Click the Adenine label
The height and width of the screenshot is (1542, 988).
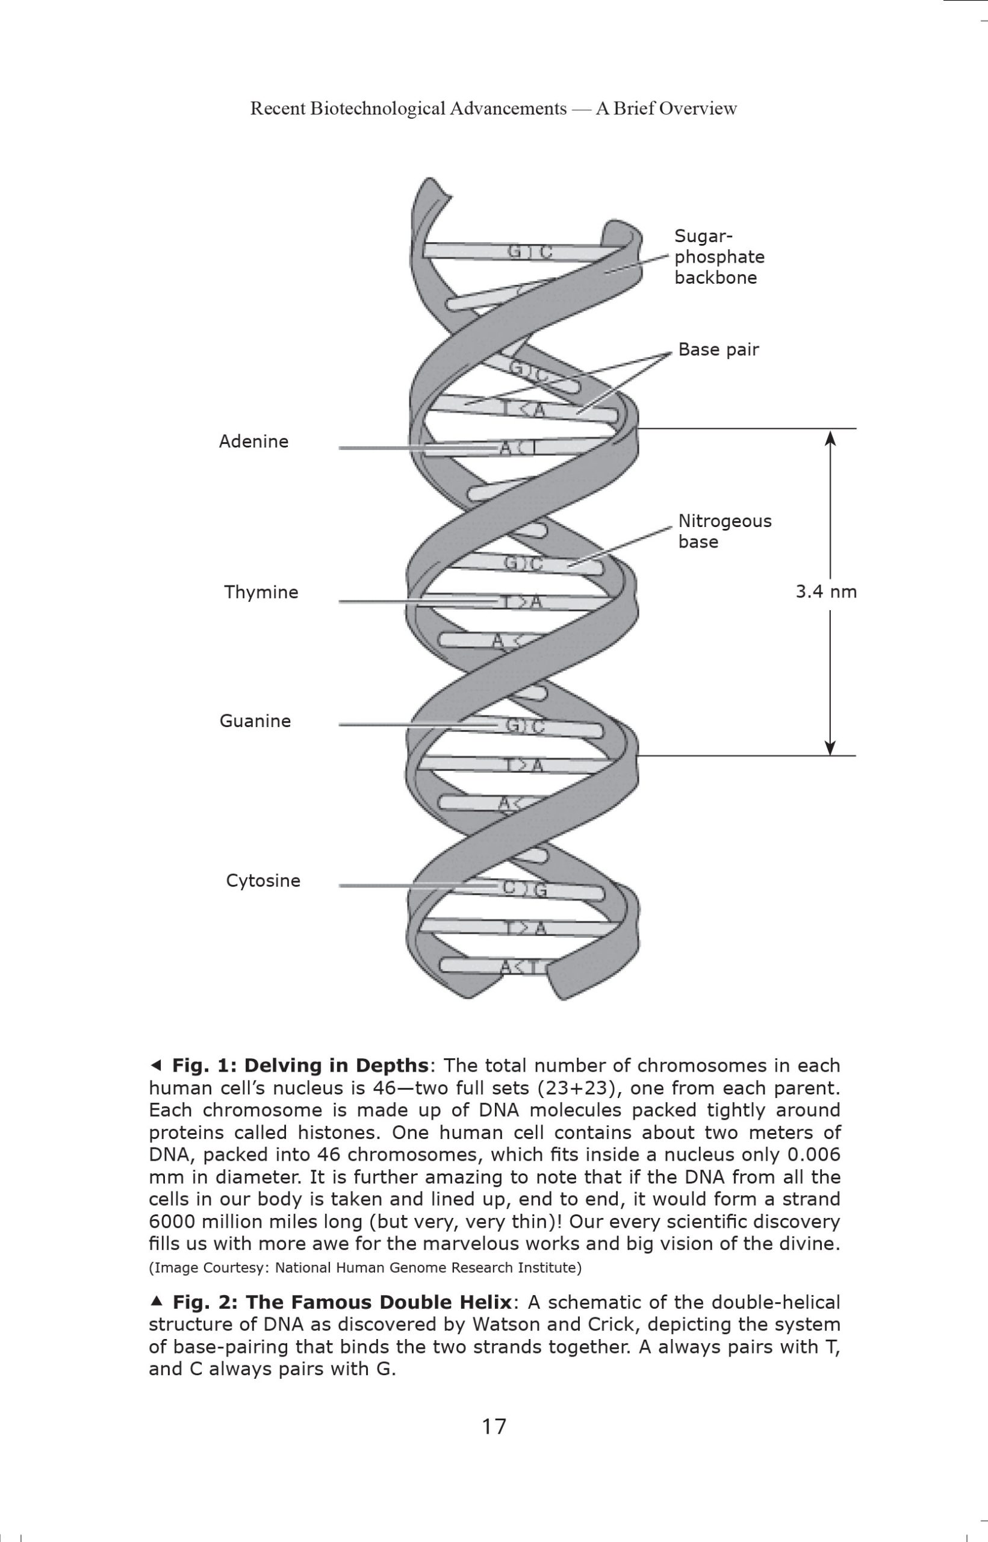click(x=253, y=442)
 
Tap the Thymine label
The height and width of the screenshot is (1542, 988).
click(x=261, y=592)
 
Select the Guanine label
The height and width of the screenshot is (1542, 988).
click(x=255, y=721)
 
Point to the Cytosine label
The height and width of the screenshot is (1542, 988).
click(x=263, y=881)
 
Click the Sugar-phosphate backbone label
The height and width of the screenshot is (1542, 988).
click(x=719, y=257)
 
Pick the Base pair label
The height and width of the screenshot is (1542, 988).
click(x=718, y=350)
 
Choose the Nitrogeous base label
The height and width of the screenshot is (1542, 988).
click(x=725, y=531)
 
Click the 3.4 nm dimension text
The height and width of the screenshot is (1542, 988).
click(x=826, y=592)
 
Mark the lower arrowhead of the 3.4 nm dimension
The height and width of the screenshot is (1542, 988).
click(x=830, y=748)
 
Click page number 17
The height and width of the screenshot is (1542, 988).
click(x=494, y=1426)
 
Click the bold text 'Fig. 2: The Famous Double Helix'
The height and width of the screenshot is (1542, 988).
click(x=342, y=1302)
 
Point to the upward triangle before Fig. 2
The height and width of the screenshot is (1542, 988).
click(x=155, y=1300)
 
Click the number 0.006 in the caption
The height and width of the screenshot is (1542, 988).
click(x=813, y=1155)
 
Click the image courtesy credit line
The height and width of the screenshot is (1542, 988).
click(x=365, y=1267)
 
